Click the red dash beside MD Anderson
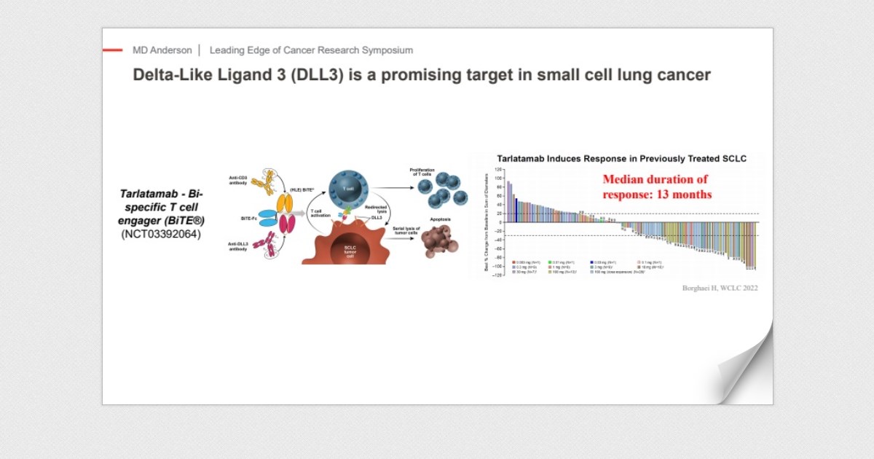tap(112, 50)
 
